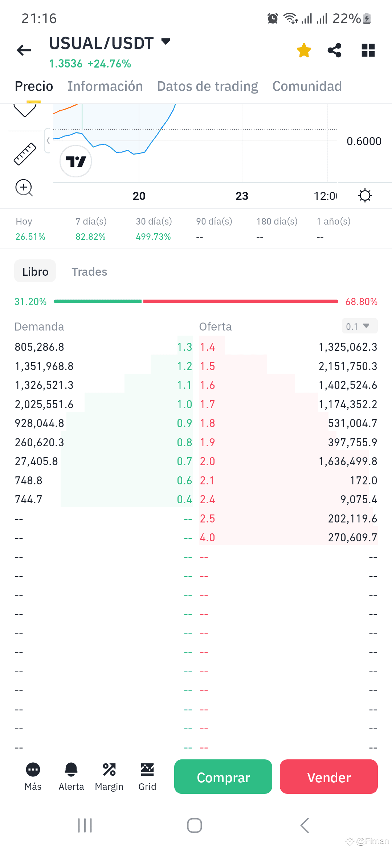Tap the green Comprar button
(x=223, y=777)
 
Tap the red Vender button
(x=328, y=777)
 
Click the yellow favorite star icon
(x=304, y=50)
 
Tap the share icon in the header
(x=334, y=50)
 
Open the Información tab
(x=105, y=86)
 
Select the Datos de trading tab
(x=207, y=86)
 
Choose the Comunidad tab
(x=307, y=86)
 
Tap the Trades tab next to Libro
(x=89, y=272)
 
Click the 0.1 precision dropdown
(x=359, y=326)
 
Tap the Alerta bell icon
(x=71, y=769)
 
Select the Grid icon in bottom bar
(x=147, y=769)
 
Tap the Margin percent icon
(x=109, y=769)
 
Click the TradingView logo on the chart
(x=76, y=161)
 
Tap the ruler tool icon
(x=25, y=154)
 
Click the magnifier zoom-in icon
(x=24, y=188)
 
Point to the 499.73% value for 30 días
(x=153, y=237)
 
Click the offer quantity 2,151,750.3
(x=347, y=366)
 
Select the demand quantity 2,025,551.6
(x=44, y=405)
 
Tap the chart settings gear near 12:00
(x=365, y=196)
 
